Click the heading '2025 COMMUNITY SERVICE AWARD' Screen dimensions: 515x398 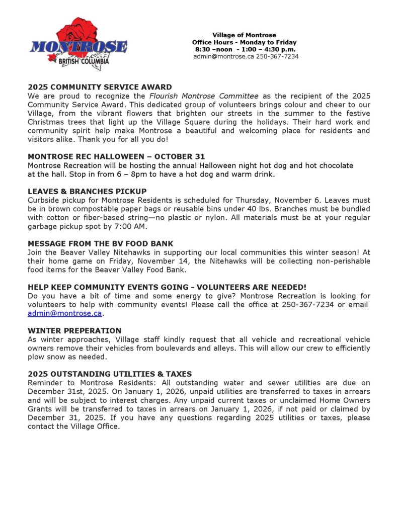(x=100, y=87)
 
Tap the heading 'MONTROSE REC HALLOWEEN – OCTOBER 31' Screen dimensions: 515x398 (x=116, y=156)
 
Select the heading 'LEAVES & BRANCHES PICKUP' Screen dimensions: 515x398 (x=87, y=191)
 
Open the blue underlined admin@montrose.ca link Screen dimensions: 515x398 (x=64, y=313)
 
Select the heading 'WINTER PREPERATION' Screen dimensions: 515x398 (x=74, y=330)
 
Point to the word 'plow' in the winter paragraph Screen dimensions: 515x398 (x=36, y=357)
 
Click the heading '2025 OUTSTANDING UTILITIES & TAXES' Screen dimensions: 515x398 (x=110, y=374)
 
